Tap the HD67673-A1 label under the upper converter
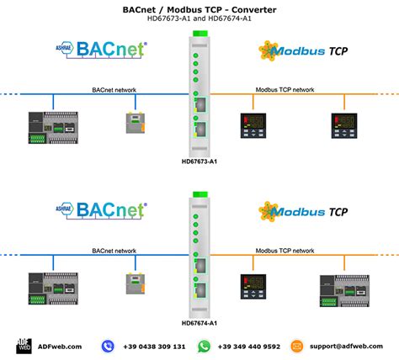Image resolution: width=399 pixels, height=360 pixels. point(199,160)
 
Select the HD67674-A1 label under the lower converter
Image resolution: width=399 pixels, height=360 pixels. point(199,322)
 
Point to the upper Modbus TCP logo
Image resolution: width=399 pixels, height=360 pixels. point(304,50)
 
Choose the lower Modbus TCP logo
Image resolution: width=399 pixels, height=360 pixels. point(304,213)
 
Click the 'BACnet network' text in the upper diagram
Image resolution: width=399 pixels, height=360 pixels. point(114,87)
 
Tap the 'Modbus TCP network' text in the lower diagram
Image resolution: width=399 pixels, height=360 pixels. point(285,251)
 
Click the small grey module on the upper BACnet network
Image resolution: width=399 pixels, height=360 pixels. point(134,124)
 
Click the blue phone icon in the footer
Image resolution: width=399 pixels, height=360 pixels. point(108,346)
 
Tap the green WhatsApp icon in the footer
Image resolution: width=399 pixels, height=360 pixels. point(204,346)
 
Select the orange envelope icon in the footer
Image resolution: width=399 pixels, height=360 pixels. point(297,346)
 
